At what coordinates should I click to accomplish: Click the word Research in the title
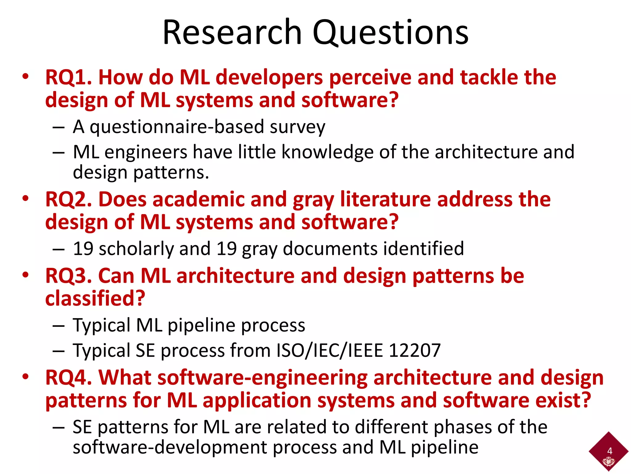pos(232,32)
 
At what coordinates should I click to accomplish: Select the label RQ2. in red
pos(69,199)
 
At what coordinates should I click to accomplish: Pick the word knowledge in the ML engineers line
pos(327,152)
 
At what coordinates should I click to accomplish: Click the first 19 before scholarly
pos(83,249)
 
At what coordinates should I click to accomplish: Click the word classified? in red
pos(95,298)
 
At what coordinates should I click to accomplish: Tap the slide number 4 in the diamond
pos(609,451)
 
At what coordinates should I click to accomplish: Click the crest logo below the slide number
pos(609,462)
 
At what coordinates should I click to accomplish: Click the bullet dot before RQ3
pos(25,274)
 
